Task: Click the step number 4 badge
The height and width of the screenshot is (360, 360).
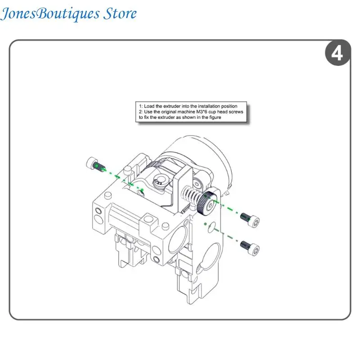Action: (337, 53)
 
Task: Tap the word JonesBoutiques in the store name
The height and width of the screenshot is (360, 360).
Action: (50, 13)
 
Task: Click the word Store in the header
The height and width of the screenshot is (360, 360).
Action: (120, 13)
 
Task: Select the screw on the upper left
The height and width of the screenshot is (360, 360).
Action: (95, 164)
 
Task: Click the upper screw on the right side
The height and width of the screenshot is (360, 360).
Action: (250, 220)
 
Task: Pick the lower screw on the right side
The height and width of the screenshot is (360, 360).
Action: (250, 248)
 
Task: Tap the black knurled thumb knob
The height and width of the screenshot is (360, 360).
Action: (207, 204)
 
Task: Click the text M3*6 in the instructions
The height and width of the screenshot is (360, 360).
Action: (202, 112)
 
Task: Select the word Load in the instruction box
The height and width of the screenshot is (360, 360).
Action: (149, 106)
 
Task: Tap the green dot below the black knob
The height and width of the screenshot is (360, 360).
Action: (205, 224)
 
